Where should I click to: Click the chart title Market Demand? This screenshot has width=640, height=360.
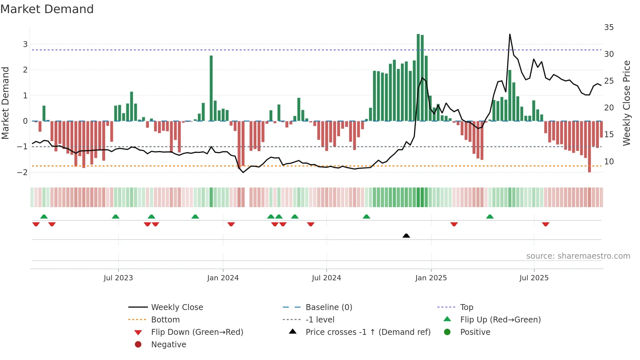click(47, 9)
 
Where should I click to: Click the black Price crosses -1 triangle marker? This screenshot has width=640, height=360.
click(406, 236)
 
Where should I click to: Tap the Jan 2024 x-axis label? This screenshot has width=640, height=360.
click(223, 278)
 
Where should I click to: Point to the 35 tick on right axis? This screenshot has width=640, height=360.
click(609, 27)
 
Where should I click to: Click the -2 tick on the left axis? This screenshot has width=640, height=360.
click(23, 172)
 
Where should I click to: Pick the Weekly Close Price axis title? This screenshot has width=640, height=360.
click(626, 103)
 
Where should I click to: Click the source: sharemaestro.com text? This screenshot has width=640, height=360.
click(578, 256)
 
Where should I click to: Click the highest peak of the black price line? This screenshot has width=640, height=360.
click(510, 34)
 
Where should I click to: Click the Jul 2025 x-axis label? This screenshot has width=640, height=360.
click(534, 278)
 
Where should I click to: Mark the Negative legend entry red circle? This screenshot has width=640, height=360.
click(138, 344)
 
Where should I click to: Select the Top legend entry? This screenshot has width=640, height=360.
click(466, 307)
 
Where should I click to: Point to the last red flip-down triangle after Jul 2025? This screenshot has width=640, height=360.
click(546, 224)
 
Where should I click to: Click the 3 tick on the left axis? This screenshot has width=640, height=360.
click(25, 44)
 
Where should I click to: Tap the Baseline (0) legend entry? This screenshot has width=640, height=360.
click(328, 307)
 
